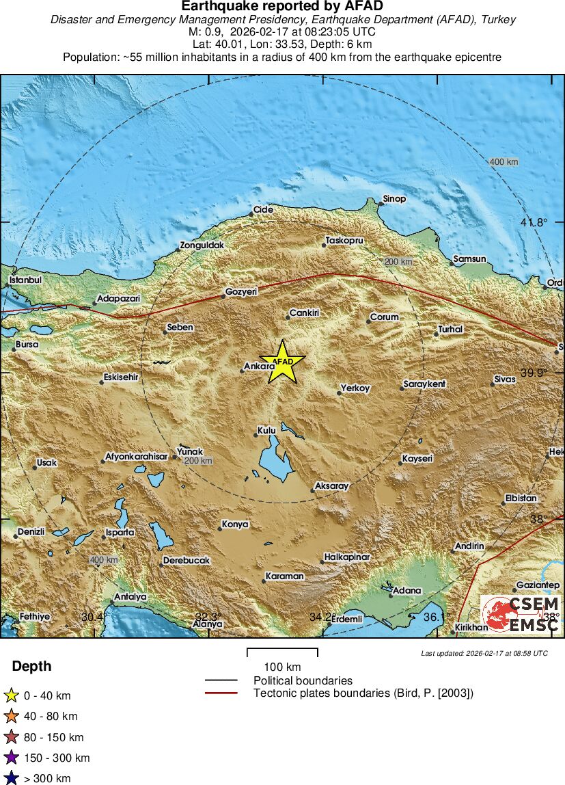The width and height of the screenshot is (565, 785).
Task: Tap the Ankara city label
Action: point(260,367)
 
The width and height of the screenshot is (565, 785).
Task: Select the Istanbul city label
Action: point(26,280)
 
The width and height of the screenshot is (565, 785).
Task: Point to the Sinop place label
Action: point(394,199)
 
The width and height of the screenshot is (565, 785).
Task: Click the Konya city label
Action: point(235,524)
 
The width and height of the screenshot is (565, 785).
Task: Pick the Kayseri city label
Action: point(417,458)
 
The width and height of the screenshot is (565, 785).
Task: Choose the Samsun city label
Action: point(470,259)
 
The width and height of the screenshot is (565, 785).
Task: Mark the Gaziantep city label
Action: point(538,585)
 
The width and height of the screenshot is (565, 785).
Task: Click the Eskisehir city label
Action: point(121,377)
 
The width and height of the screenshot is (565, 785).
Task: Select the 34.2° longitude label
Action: point(320,617)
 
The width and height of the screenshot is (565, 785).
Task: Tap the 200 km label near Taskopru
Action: point(398,262)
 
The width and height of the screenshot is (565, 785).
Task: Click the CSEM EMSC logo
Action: point(521,614)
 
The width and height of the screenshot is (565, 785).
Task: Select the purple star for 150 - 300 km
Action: point(12,758)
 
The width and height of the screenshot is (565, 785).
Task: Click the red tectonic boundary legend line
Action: point(221,693)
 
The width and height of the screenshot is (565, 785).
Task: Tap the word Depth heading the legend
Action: point(31,667)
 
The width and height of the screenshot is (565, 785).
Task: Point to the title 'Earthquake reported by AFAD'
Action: point(283,6)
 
